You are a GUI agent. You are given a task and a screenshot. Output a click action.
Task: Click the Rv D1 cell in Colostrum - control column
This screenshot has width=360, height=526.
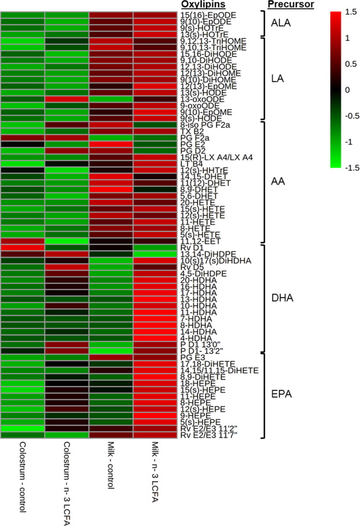(23, 248)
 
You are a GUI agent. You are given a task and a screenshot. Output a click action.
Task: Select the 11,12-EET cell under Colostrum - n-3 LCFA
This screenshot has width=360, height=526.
(67, 241)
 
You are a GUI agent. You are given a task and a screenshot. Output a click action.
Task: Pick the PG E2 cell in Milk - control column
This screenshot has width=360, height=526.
(111, 144)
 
